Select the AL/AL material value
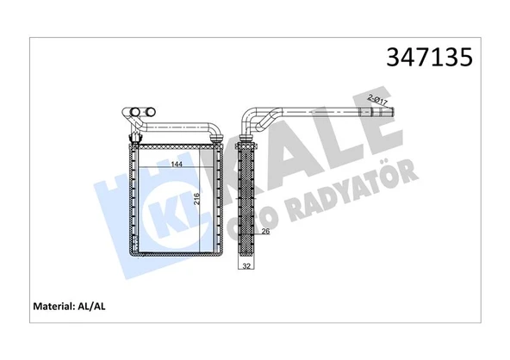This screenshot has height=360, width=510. (104, 305)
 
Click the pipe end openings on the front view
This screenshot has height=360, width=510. (138, 111)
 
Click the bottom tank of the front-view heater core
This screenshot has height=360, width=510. (177, 251)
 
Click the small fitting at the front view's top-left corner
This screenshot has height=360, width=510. (134, 137)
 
